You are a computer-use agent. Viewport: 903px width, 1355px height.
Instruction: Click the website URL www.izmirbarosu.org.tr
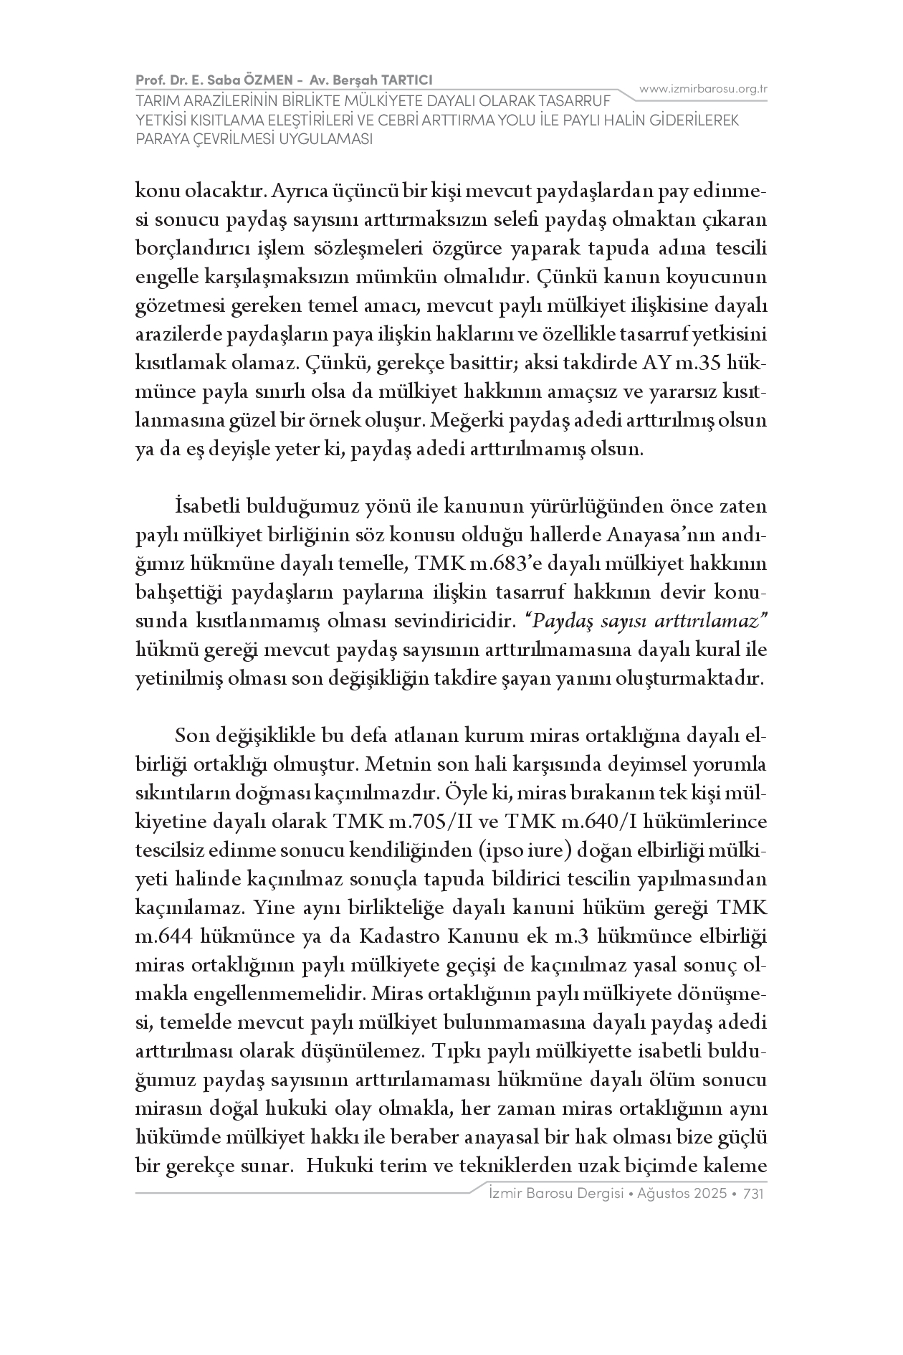coord(703,89)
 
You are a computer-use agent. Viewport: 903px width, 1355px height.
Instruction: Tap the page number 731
coord(755,1194)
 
